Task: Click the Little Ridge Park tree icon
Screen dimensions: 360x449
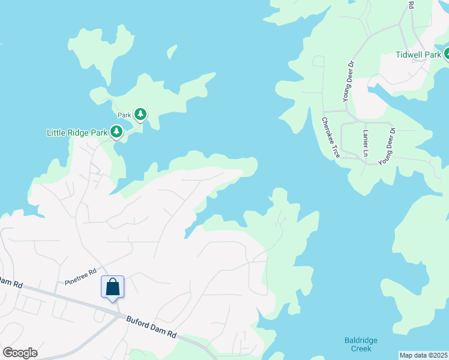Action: [116, 131]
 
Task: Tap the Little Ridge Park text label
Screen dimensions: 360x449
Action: [77, 132]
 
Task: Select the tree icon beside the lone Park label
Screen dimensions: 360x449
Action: [140, 114]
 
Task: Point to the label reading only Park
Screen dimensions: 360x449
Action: [124, 115]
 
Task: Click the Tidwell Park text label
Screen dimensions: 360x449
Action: [418, 55]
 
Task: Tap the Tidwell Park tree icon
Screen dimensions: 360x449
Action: [446, 55]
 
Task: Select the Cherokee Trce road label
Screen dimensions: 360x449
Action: [331, 137]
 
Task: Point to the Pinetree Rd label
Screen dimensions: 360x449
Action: [80, 277]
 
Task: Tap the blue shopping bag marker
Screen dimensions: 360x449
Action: [113, 288]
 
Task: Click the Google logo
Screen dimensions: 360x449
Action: [20, 352]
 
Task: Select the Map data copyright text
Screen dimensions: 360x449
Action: [423, 355]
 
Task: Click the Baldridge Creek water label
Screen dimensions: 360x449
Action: [361, 344]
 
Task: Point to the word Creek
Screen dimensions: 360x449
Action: [361, 349]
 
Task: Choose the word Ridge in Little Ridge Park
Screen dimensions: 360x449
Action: [83, 132]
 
